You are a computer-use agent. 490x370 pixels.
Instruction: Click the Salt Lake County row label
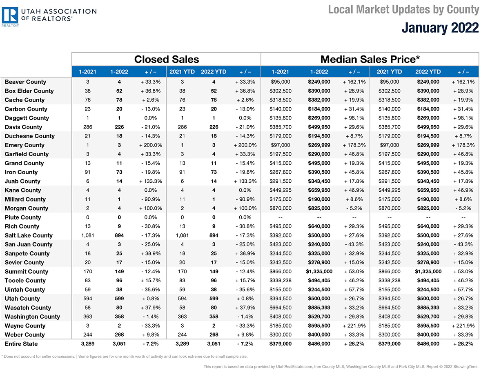tap(29, 235)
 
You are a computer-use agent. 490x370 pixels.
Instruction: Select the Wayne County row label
tap(25, 326)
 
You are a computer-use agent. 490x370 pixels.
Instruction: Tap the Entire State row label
tap(21, 343)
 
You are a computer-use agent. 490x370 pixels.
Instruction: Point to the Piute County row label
tap(23, 217)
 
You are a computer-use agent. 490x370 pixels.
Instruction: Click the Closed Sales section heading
tap(167, 59)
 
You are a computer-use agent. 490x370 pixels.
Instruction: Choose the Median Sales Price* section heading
tap(370, 59)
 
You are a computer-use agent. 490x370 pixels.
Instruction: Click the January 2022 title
tap(440, 28)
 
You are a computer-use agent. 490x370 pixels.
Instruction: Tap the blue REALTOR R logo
tap(10, 15)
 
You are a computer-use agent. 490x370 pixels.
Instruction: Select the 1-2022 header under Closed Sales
tap(119, 72)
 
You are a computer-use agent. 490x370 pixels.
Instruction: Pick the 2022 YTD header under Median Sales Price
tap(428, 72)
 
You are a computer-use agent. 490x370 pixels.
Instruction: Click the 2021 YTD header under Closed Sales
tap(182, 72)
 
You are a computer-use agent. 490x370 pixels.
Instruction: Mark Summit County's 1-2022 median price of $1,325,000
tap(319, 271)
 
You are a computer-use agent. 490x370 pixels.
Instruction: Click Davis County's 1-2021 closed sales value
tap(88, 127)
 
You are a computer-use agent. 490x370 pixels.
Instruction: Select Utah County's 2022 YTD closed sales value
tap(214, 299)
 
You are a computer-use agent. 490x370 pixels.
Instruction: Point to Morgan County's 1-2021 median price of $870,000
tap(281, 208)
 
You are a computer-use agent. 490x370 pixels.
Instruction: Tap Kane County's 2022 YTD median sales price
tap(428, 190)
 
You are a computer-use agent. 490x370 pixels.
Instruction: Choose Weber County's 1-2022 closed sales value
tap(119, 335)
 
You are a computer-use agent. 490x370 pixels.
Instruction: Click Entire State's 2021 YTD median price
tap(389, 343)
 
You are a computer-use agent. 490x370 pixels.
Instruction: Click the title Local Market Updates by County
tap(403, 10)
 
